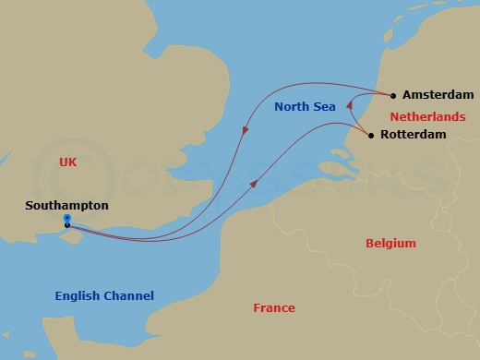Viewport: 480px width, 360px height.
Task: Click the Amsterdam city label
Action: [438, 95]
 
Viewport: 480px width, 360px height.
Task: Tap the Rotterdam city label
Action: [413, 135]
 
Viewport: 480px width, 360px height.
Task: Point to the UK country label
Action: [66, 162]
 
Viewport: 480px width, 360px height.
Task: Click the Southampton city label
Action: [66, 206]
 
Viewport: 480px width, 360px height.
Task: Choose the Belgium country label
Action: [390, 244]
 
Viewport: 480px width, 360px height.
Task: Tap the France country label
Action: [274, 308]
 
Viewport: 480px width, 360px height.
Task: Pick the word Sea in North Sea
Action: [323, 107]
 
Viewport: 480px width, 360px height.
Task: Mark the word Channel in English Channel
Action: [128, 296]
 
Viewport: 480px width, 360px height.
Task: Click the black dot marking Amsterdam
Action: [393, 94]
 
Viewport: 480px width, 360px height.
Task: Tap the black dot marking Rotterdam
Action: [371, 136]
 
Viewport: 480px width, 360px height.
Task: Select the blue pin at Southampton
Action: [66, 220]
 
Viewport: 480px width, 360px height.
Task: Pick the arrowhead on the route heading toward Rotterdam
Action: [254, 185]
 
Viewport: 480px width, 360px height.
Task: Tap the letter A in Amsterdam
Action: [408, 95]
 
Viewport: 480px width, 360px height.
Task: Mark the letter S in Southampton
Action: [30, 206]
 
